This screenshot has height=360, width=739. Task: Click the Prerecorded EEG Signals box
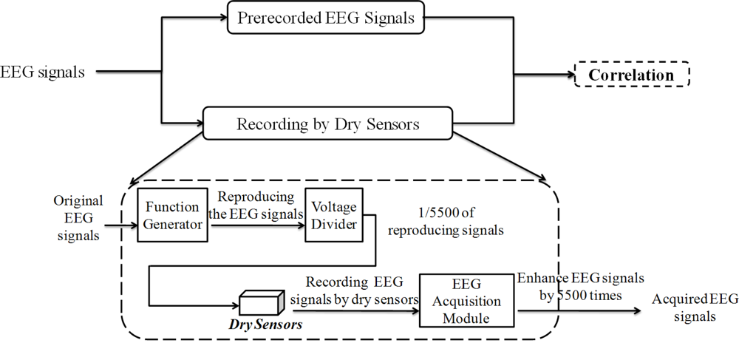tap(326, 18)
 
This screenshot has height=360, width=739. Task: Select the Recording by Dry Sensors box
tap(328, 123)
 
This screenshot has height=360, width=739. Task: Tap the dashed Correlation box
tap(632, 75)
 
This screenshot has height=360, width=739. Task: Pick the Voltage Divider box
tap(334, 214)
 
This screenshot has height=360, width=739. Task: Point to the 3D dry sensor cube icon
tap(261, 302)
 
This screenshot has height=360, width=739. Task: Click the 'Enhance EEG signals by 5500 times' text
tap(580, 286)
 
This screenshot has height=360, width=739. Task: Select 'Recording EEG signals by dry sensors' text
tap(353, 290)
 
